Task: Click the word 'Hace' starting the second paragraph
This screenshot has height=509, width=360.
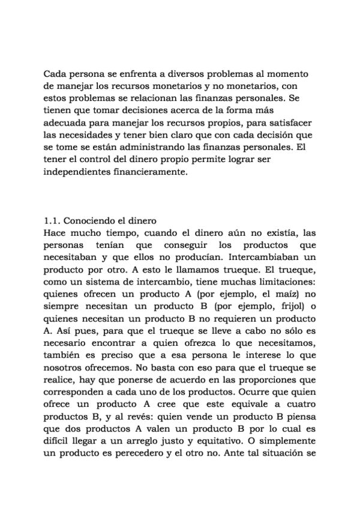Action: coord(55,233)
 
